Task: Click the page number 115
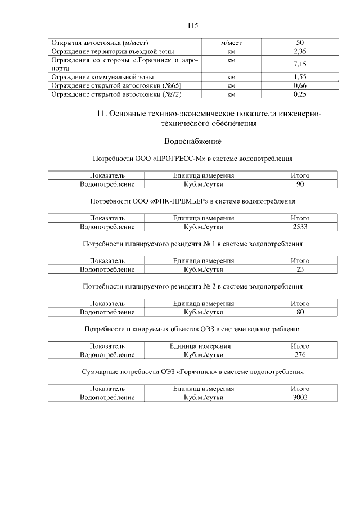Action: coord(192,26)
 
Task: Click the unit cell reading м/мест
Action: coord(231,43)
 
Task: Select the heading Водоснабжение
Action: coord(192,141)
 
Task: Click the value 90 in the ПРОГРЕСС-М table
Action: coord(300,184)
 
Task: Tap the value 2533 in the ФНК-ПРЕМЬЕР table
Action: coord(300,227)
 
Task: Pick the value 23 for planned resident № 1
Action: coord(300,269)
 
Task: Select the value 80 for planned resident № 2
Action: coord(300,312)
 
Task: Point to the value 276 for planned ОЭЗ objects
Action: coord(300,355)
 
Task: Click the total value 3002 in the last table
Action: coord(300,397)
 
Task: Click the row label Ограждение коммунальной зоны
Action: coord(102,76)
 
